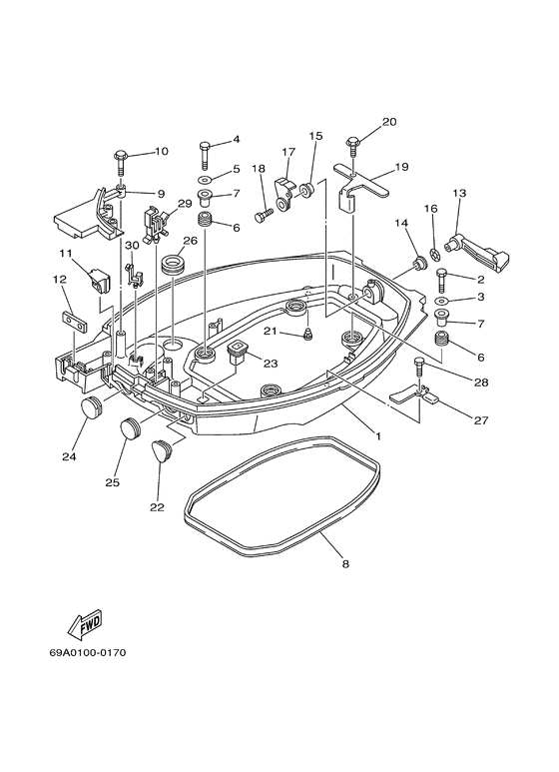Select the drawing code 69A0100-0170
pos(86,653)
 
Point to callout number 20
pos(388,122)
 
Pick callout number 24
pos(69,457)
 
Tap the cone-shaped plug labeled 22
pos(163,452)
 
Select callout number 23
pos(270,364)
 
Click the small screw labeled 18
pos(264,214)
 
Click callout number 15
pos(315,135)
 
